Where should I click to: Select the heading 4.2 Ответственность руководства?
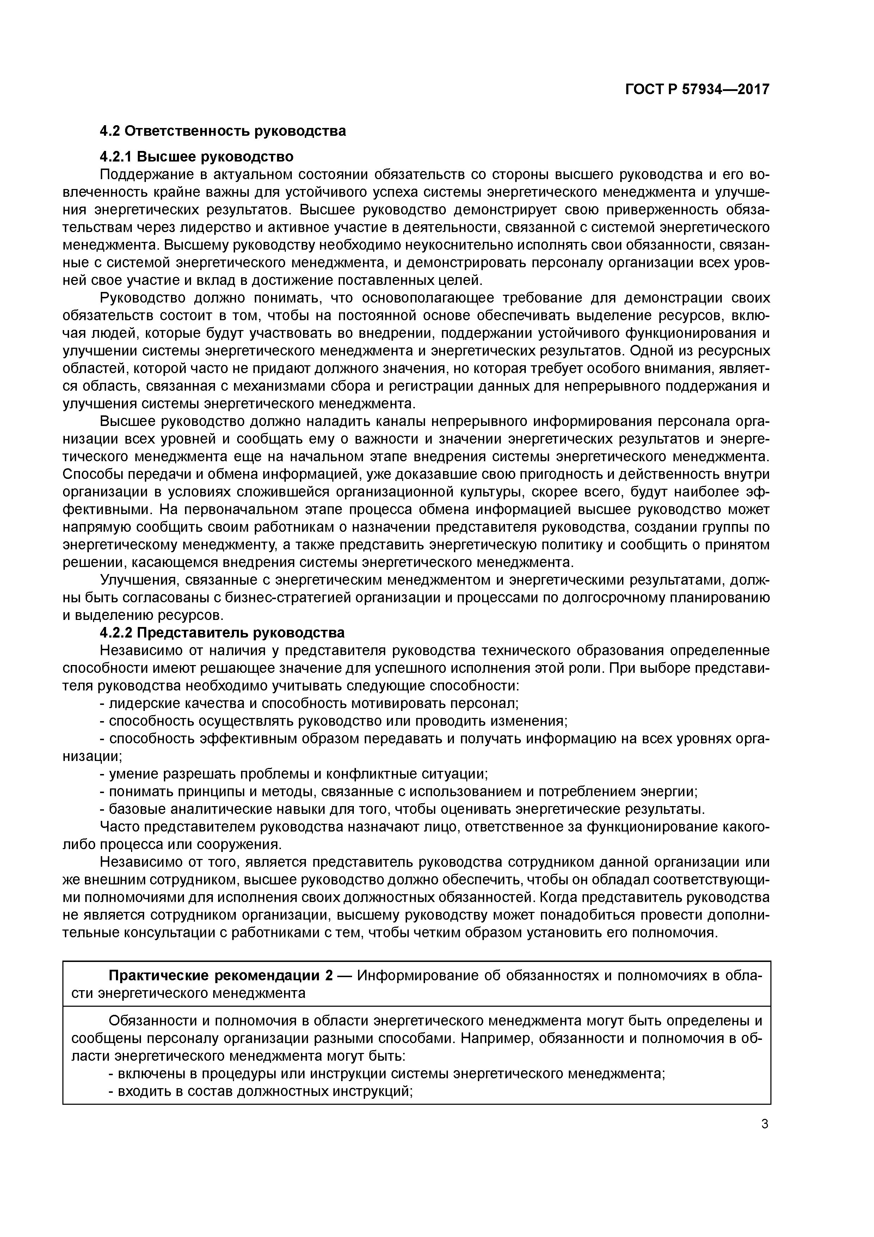tap(222, 131)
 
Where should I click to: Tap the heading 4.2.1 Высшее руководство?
tap(197, 157)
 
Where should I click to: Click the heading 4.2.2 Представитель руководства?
tap(222, 633)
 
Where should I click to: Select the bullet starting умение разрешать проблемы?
tap(294, 774)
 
